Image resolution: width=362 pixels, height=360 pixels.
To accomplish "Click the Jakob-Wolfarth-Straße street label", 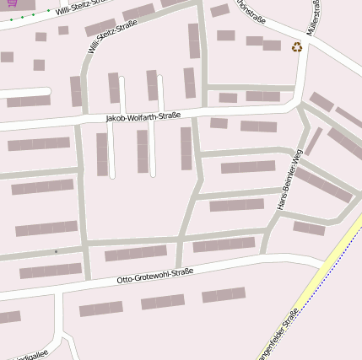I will point(143,117).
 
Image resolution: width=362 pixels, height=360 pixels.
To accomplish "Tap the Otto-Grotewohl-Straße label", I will point(154,275).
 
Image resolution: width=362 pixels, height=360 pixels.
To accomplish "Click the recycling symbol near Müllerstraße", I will point(297,47).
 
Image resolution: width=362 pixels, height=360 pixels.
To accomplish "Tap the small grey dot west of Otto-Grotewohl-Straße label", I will point(57,251).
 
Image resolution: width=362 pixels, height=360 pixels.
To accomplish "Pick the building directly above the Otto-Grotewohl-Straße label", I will point(135,254).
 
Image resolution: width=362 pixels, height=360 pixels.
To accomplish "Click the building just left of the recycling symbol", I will point(272,45).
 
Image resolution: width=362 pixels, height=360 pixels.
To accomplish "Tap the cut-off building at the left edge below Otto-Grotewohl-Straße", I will point(9,318).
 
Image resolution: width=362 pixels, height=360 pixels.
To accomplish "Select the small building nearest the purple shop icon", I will point(41,36).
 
